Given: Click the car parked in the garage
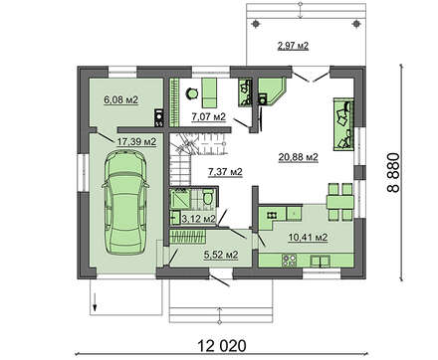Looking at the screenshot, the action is (125, 202).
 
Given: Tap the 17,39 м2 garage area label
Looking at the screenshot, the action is (136, 142).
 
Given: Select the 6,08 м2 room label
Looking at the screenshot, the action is (120, 99).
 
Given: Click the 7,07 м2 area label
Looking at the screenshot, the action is (209, 116).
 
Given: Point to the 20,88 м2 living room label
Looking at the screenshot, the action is (299, 157).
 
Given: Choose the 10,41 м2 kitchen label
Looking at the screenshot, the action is (308, 238).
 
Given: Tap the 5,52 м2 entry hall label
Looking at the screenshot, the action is (221, 255).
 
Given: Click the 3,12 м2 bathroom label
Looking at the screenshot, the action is (199, 219).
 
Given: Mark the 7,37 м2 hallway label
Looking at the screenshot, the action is (225, 172).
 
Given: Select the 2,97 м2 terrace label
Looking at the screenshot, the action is (293, 46).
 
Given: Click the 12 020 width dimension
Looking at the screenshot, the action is (222, 346).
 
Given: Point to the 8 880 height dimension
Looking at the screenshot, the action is (393, 172).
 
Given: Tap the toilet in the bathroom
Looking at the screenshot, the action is (208, 197).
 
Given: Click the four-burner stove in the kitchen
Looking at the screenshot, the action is (289, 260).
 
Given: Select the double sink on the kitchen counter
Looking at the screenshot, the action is (320, 261).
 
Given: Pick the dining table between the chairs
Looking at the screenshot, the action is (339, 202).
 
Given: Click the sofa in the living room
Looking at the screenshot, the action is (343, 123).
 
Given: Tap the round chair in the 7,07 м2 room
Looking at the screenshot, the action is (192, 93).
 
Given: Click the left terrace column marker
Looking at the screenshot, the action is (256, 24).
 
